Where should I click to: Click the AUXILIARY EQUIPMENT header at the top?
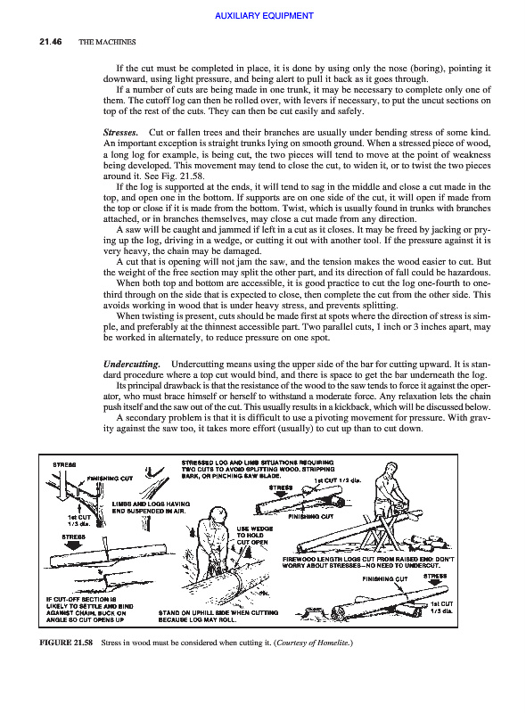pyautogui.click(x=264, y=16)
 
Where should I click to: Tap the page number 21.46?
pyautogui.click(x=51, y=42)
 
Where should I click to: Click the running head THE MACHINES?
pyautogui.click(x=107, y=42)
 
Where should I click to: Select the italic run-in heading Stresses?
pyautogui.click(x=120, y=133)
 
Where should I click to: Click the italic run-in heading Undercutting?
pyautogui.click(x=132, y=365)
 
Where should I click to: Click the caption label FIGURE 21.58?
pyautogui.click(x=66, y=643)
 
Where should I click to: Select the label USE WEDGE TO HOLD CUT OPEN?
pyautogui.click(x=254, y=536)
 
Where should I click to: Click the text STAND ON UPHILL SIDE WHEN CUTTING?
pyautogui.click(x=218, y=612)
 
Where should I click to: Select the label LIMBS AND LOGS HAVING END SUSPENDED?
pyautogui.click(x=151, y=507)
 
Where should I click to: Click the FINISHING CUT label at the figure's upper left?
pyautogui.click(x=110, y=479)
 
